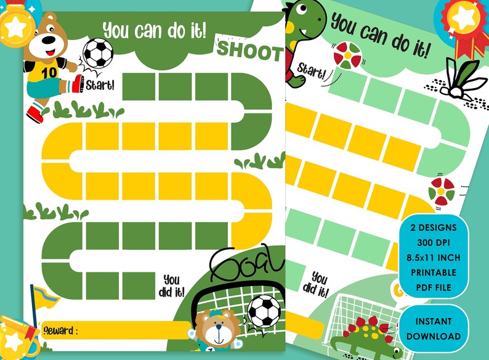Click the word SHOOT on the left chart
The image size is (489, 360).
(249, 51)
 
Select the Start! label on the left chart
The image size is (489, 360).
(100, 84)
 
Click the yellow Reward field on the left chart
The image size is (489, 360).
(135, 330)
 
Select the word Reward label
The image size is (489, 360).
(60, 330)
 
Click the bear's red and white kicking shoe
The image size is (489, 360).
(76, 83)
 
